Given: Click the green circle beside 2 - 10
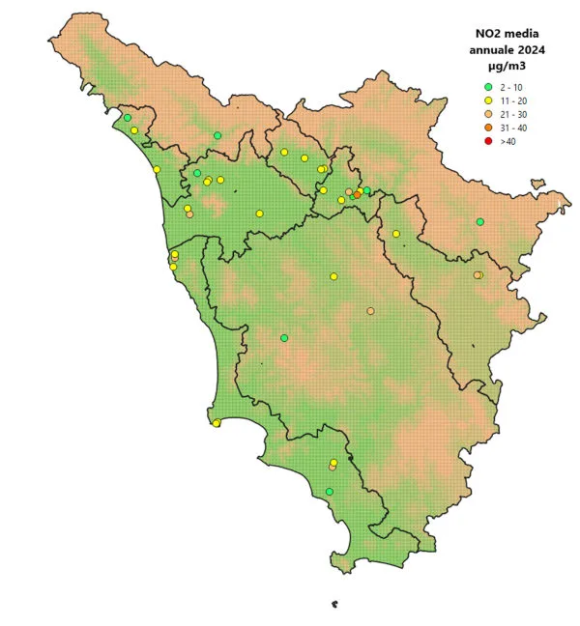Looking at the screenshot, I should point(489,88).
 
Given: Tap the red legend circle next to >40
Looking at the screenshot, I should point(489,141).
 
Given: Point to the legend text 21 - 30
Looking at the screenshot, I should point(512,115).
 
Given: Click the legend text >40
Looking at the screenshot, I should point(508,142).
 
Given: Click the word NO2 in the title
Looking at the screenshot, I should point(478,32).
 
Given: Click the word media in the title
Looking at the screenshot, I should point(519,32).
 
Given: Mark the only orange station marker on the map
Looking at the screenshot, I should point(357,195).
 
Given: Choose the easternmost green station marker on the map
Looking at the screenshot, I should point(479,221).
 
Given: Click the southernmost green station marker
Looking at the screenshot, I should point(330,492).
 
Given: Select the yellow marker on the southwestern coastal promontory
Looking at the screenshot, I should point(217,422).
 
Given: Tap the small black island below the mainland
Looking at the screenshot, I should point(334,606).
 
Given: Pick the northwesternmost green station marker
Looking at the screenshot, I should point(127,118).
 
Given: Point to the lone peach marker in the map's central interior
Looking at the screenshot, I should point(370,311).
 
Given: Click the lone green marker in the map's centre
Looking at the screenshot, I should point(284,338).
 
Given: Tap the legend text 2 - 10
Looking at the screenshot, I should point(512,88).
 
